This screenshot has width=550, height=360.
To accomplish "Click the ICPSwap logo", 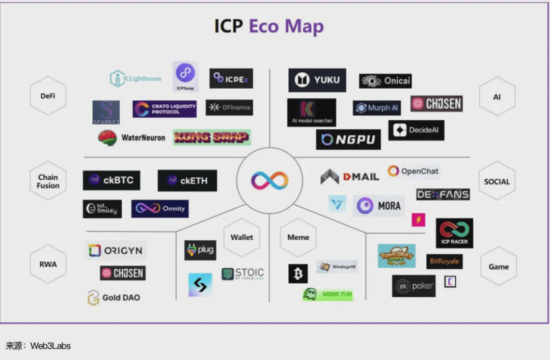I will (x=185, y=76).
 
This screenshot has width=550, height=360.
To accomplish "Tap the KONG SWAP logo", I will (x=212, y=137).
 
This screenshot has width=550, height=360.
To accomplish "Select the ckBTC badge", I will (x=112, y=180).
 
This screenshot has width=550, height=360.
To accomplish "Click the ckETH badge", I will (x=187, y=180).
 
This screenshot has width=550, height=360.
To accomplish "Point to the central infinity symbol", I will (x=269, y=180).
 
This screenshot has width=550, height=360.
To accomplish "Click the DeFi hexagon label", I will (x=48, y=96).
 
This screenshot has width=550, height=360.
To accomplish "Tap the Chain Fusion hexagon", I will (x=48, y=181).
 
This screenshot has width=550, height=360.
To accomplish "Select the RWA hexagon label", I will (x=48, y=264).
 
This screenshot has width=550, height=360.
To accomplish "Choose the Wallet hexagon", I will (x=241, y=237).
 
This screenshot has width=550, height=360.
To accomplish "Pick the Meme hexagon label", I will (x=298, y=237).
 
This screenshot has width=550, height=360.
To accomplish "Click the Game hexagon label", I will (x=498, y=266).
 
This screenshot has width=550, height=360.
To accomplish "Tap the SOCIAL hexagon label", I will (x=497, y=181).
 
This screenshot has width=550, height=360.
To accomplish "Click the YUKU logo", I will (x=317, y=80).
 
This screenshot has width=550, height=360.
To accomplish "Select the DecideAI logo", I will (x=416, y=130).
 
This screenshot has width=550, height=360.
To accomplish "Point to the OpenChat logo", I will (x=413, y=171).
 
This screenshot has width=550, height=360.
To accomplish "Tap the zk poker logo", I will (x=414, y=286).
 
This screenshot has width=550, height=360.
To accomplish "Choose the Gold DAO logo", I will (x=114, y=297).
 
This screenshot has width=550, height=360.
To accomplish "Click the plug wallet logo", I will (x=200, y=250).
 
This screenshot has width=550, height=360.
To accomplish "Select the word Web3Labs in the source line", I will (x=50, y=346).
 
